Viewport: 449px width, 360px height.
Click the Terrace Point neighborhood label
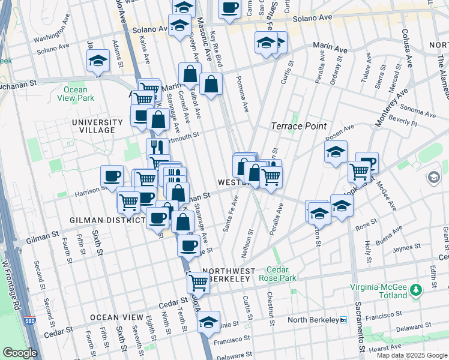pyautogui.click(x=299, y=126)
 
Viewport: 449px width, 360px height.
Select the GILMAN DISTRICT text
pyautogui.click(x=109, y=220)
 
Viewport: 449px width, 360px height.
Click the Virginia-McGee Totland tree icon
pyautogui.click(x=417, y=291)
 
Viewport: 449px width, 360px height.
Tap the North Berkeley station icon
pyautogui.click(x=343, y=320)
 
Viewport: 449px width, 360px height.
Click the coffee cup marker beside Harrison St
pyautogui.click(x=112, y=176)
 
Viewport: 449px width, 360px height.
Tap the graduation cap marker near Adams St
pyautogui.click(x=98, y=61)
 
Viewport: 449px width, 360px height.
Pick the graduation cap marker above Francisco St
pyautogui.click(x=208, y=322)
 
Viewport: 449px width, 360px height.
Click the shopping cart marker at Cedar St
pyautogui.click(x=199, y=282)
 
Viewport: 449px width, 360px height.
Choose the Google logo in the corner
pyautogui.click(x=20, y=353)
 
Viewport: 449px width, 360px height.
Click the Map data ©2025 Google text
pyautogui.click(x=411, y=355)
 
